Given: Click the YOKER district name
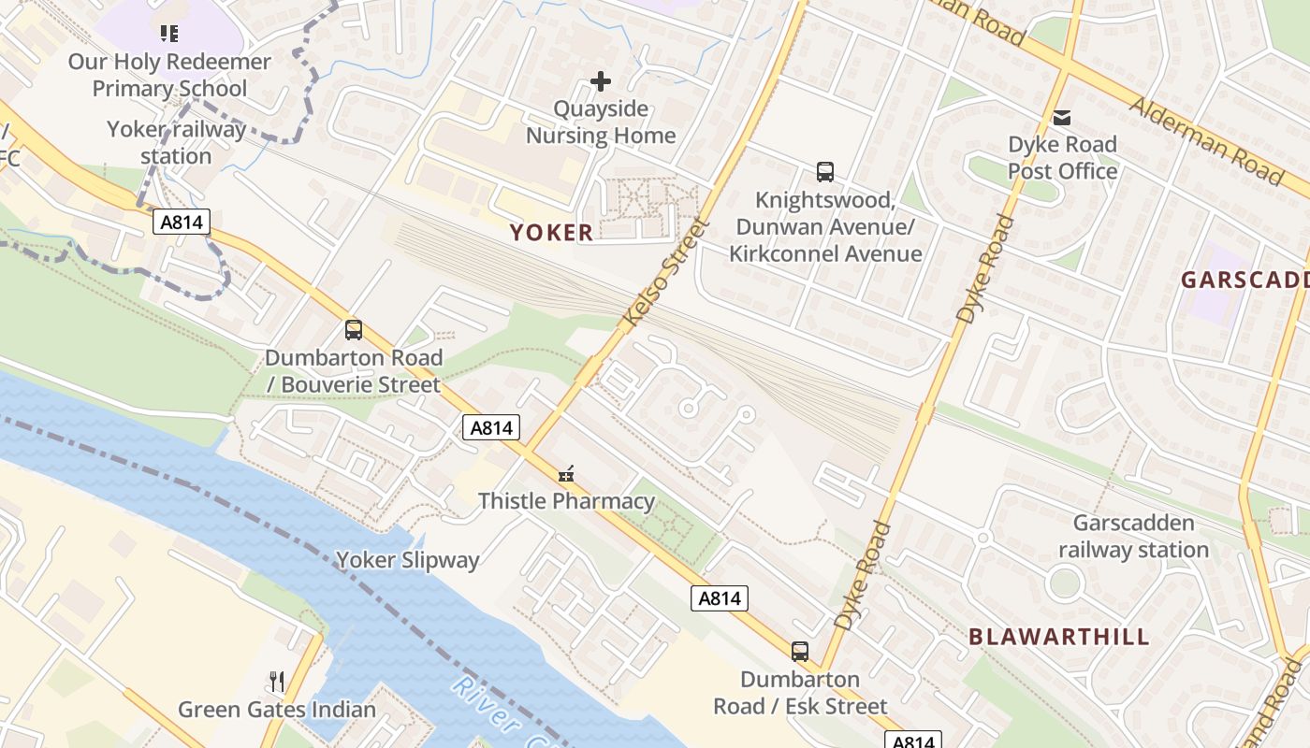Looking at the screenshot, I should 551,233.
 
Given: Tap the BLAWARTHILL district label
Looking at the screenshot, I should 1058,637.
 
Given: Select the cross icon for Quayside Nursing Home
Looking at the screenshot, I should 601,82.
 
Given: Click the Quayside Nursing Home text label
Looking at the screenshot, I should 601,122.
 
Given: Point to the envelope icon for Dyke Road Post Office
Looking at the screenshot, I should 1062,118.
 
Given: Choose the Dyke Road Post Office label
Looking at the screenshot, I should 1062,158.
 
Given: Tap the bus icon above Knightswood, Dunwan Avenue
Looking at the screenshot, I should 824,172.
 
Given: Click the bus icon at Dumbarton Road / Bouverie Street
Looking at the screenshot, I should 353,330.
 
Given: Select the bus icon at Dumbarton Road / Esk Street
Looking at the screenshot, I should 800,652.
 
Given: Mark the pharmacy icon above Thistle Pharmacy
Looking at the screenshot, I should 566,475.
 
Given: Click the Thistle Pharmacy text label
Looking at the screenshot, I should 566,501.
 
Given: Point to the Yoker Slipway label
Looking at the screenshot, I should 407,560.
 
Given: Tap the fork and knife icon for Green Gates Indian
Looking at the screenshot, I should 276,681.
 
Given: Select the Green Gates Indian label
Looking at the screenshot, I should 277,709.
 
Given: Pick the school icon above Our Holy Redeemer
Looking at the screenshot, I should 169,35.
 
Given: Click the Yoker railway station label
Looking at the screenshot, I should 176,142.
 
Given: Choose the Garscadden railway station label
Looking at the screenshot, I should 1133,536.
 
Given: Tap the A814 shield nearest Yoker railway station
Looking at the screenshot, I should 182,222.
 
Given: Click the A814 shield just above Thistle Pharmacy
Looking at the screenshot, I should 491,428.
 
